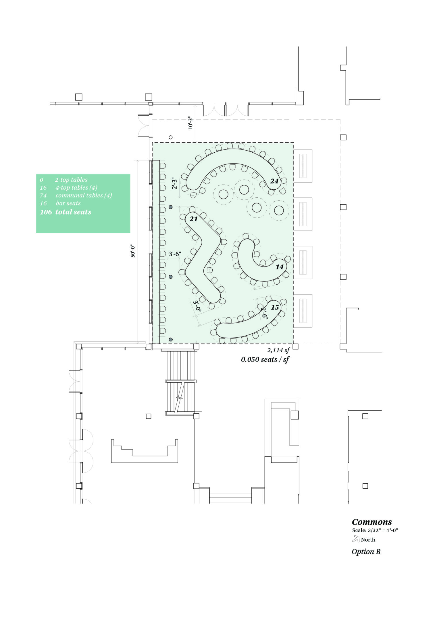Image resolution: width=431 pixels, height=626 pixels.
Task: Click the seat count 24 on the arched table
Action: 274,181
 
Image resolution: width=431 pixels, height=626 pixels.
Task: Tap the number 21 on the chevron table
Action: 193,219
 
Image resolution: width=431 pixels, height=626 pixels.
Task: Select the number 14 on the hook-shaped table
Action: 279,267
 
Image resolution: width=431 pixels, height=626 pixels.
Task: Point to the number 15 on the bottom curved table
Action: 275,307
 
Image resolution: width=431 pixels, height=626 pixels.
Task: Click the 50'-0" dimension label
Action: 133,251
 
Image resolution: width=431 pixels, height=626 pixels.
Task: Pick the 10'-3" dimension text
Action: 190,123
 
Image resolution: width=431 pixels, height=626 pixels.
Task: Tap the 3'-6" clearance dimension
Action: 175,254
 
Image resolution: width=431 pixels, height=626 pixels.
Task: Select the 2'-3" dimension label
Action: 174,183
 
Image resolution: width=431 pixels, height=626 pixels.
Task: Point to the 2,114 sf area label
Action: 278,350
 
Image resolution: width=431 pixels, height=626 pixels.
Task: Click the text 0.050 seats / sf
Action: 265,359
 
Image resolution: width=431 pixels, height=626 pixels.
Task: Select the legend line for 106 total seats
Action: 66,212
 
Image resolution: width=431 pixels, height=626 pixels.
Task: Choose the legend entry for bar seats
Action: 60,203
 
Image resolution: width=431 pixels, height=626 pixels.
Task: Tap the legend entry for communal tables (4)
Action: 76,195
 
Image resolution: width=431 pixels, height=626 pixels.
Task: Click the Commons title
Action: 372,522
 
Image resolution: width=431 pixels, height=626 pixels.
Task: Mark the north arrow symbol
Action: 356,539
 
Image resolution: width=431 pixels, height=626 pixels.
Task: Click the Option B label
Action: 366,552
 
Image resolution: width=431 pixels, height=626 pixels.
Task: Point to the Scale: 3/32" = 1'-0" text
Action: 375,530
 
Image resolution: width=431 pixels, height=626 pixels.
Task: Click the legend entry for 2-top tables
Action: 64,180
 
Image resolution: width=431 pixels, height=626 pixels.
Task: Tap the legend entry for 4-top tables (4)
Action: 69,188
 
